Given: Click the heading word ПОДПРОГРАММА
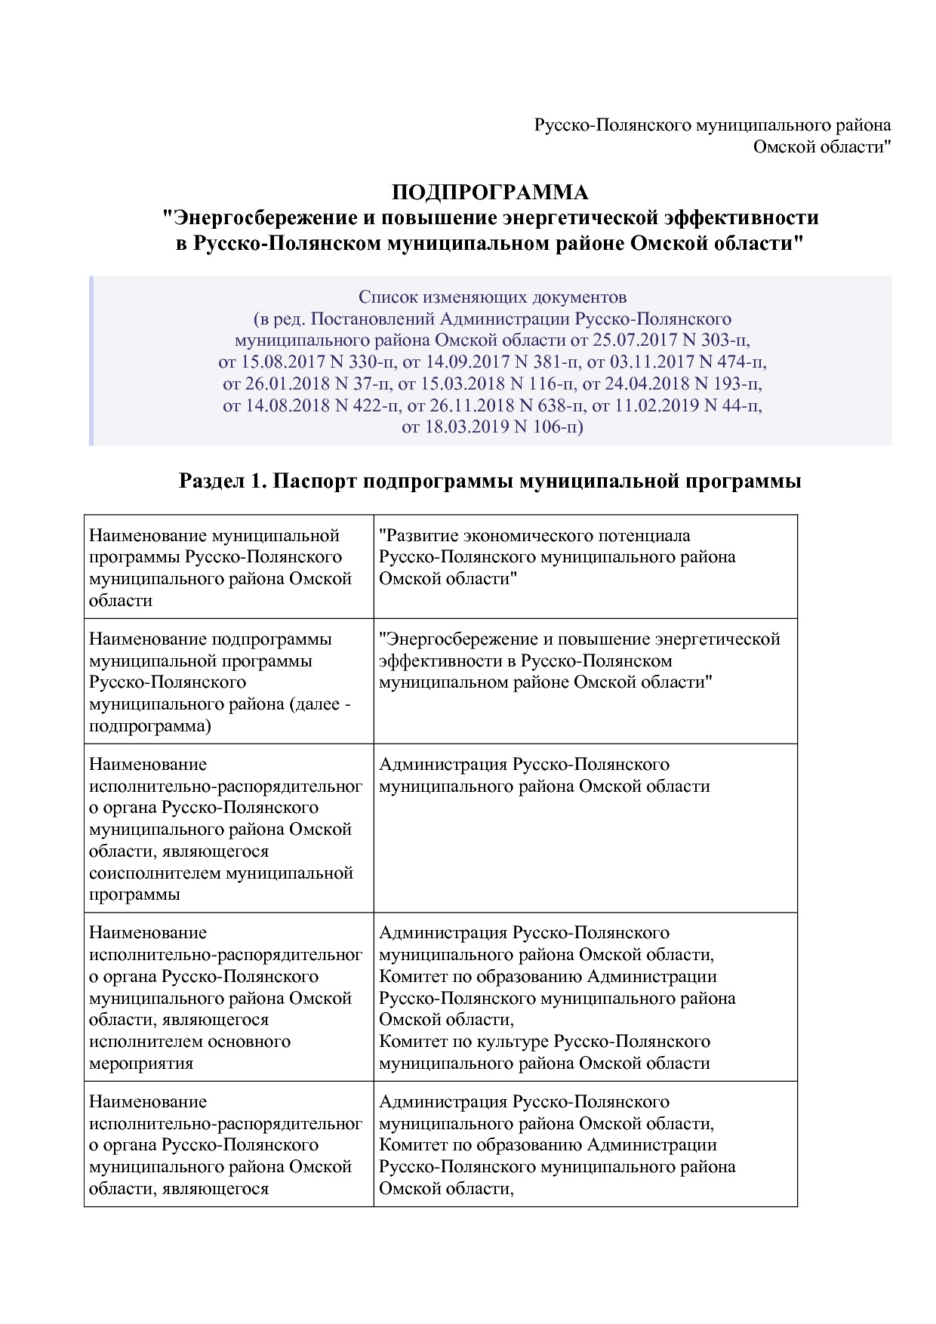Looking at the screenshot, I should coord(489,193).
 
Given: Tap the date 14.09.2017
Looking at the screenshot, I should coord(467,362).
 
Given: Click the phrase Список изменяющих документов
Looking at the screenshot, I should coord(492,297).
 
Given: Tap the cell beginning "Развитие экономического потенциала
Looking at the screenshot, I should coord(534,536).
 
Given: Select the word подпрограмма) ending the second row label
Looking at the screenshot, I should coord(149,727).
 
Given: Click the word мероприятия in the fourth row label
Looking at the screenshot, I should coord(141,1064).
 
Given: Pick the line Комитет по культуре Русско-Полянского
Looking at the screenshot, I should coord(544,1042).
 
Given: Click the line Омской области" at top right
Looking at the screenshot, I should coord(822,147).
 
